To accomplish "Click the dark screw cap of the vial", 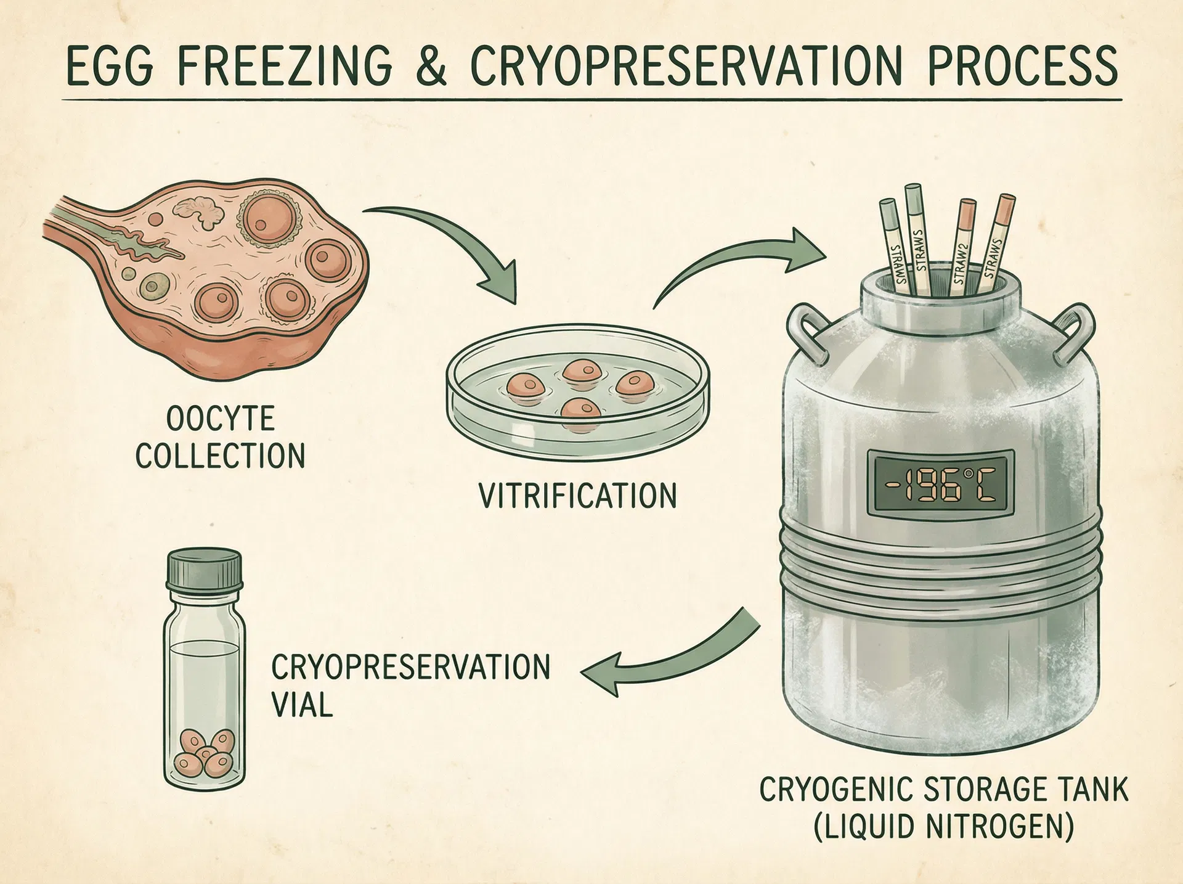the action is [204, 568].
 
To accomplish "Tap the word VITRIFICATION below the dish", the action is [578, 496].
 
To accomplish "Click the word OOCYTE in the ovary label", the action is [220, 419].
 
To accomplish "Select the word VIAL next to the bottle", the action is [302, 704].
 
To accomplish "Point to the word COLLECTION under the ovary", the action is [220, 456].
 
